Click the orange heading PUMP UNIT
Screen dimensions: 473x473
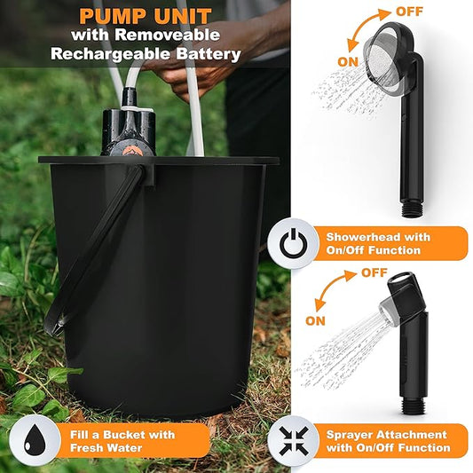146,15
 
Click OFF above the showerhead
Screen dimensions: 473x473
409,12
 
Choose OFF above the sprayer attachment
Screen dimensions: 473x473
374,273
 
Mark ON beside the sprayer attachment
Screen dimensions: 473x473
316,320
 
